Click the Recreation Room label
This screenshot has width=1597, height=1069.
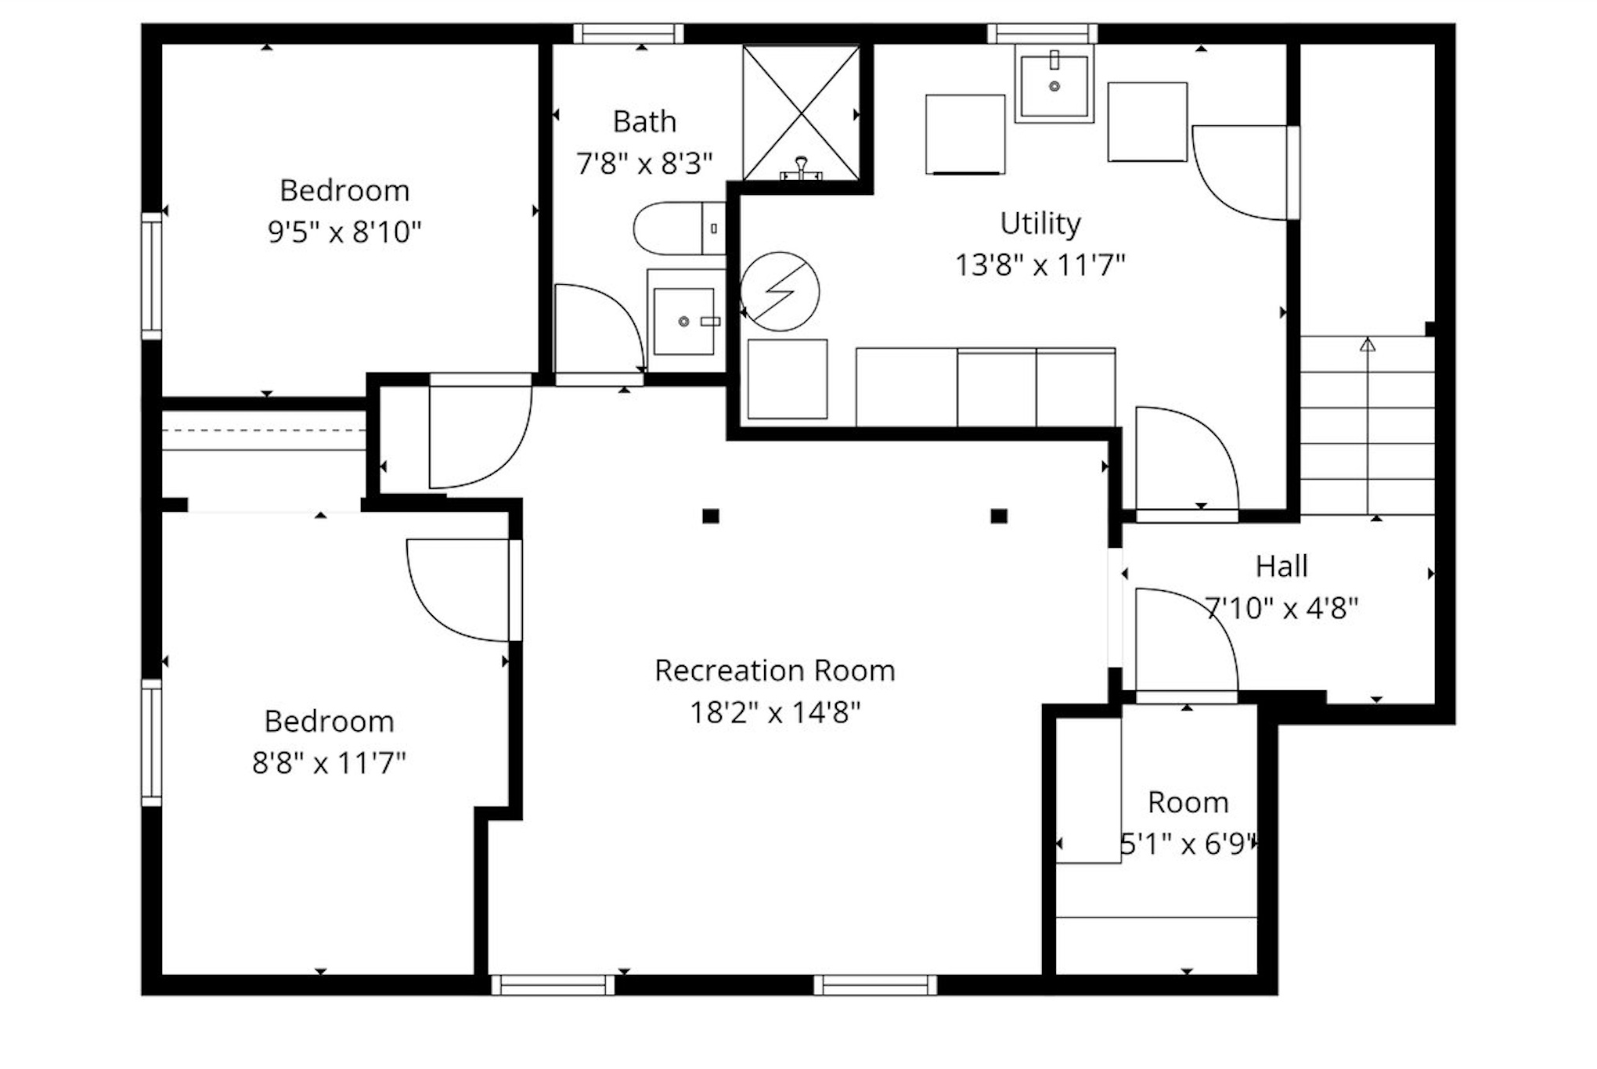pos(775,671)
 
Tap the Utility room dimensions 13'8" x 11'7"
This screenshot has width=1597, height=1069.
pos(1040,265)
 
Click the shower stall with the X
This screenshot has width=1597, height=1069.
pos(801,113)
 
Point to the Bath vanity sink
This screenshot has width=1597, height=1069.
pos(684,321)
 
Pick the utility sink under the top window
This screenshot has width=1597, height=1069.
pos(1054,84)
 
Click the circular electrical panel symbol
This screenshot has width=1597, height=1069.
pos(780,291)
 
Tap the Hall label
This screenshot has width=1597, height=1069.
pos(1282,567)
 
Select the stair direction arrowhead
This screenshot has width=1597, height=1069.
pos(1368,344)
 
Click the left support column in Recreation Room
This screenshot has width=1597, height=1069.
pos(711,516)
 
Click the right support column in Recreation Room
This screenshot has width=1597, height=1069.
pos(999,516)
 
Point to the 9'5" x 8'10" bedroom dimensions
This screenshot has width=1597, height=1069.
pos(344,232)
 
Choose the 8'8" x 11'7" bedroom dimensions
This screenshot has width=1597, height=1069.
pos(329,763)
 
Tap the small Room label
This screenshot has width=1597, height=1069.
pos(1188,802)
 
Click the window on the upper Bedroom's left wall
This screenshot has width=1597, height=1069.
pos(151,276)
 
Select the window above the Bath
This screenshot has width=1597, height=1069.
pos(629,34)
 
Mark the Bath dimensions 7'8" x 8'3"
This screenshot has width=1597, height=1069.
pos(644,164)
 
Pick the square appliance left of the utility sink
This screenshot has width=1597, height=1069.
pos(965,135)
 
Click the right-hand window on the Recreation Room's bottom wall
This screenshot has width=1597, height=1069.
pos(875,985)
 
